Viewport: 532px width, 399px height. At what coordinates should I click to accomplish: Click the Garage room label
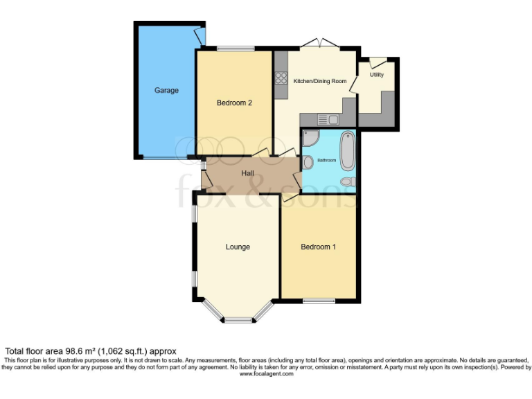[166, 90]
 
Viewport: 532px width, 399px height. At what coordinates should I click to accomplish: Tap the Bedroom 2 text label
[234, 103]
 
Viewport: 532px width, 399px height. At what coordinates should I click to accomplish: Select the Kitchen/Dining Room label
[320, 81]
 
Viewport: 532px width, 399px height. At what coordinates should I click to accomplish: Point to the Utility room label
[377, 74]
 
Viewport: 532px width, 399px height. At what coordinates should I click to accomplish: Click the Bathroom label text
[326, 160]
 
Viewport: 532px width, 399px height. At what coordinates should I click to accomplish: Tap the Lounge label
[238, 247]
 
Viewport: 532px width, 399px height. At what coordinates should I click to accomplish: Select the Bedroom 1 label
[319, 247]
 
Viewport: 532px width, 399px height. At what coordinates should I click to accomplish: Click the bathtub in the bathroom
[347, 152]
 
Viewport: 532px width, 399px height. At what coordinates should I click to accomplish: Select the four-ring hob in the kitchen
[281, 78]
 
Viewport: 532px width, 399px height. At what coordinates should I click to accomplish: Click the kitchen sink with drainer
[328, 119]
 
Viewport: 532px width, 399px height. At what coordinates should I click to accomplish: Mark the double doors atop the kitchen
[319, 44]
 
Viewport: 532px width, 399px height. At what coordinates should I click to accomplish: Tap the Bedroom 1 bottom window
[319, 301]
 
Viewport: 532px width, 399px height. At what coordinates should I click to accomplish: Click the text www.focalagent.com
[266, 374]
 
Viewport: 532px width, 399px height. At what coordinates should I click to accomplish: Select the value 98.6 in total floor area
[73, 351]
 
